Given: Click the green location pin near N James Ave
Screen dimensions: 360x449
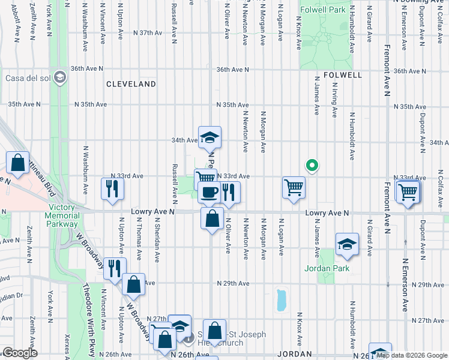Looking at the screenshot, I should [x=312, y=165].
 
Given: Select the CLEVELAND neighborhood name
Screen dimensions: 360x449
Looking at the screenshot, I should [x=131, y=85].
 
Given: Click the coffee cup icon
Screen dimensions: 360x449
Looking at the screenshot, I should [x=209, y=192].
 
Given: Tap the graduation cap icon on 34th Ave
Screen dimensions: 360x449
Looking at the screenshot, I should [x=210, y=137].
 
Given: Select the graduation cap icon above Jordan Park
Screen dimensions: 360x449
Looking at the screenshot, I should [x=347, y=244].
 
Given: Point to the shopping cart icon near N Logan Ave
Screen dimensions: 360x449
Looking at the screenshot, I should [x=294, y=188].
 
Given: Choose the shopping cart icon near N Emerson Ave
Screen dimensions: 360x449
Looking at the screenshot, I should [x=408, y=192].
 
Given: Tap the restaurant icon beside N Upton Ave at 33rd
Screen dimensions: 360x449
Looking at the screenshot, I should [x=112, y=188].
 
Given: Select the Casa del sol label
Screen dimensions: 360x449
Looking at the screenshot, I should [x=26, y=77].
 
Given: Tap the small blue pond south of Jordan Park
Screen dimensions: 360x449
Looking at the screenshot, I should [x=280, y=300].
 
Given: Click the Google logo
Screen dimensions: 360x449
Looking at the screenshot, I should [x=20, y=353].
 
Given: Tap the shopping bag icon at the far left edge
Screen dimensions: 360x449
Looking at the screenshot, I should [x=18, y=163].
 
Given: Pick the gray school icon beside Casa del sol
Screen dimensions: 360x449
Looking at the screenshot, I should [x=59, y=77].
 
